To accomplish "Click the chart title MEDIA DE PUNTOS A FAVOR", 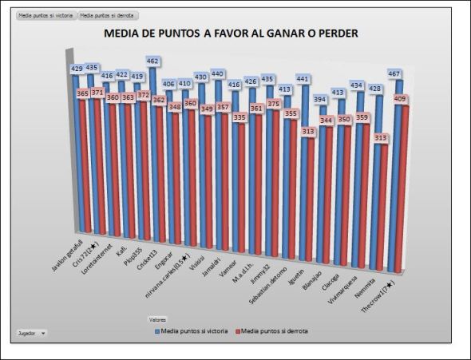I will coord(232,34).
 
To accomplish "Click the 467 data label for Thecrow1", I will coord(394,73).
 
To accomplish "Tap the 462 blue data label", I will coord(153,61).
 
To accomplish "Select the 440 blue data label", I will coord(217,73).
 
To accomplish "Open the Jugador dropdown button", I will coord(32,332).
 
